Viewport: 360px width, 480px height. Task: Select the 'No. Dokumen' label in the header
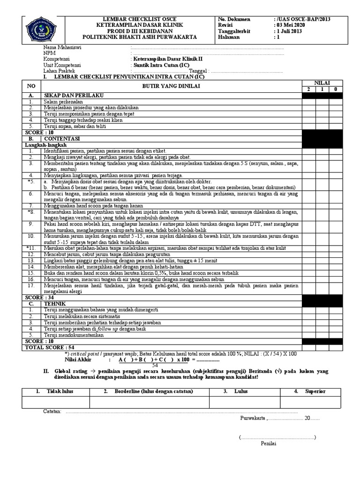234,19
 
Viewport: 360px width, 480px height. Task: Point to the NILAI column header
322,82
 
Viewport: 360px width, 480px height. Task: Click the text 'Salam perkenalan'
63,101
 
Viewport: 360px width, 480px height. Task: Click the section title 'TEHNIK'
55,304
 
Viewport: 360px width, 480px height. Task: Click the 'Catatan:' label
52,411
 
